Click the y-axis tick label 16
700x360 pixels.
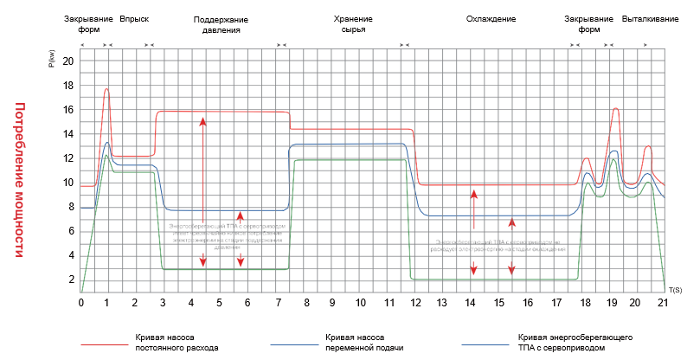click(x=70, y=110)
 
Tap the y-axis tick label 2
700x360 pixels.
click(x=72, y=280)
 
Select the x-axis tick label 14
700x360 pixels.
click(x=470, y=303)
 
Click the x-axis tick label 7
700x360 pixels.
click(x=275, y=303)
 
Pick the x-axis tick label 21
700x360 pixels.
click(x=663, y=303)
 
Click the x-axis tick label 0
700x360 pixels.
click(x=80, y=303)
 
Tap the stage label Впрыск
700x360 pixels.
click(x=134, y=17)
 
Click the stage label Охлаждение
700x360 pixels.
click(x=491, y=17)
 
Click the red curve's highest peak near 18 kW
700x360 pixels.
click(x=106, y=89)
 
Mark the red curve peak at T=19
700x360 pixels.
click(x=615, y=108)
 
